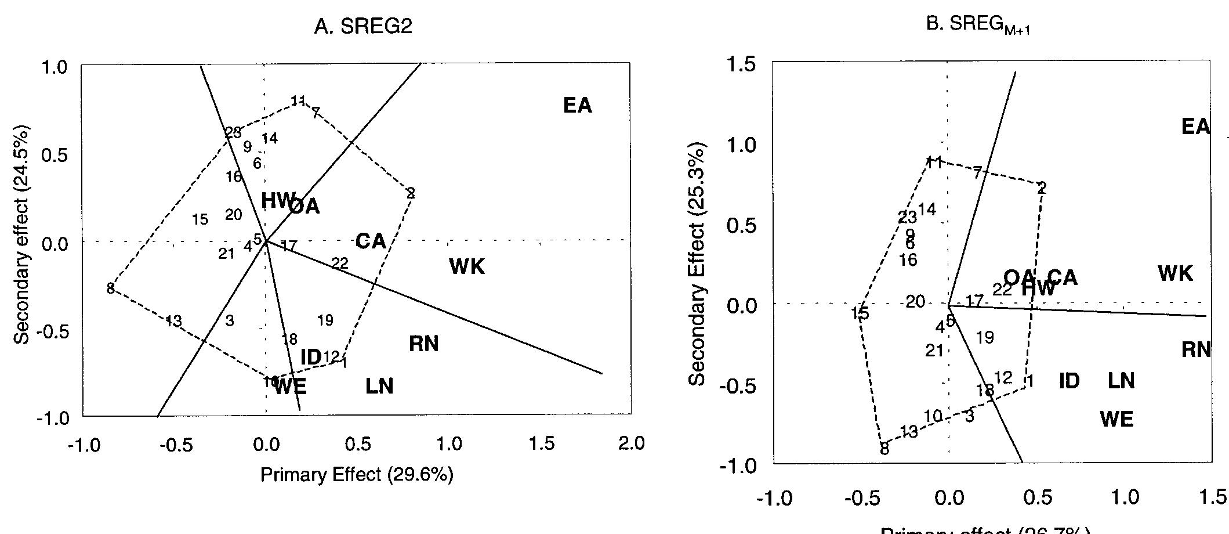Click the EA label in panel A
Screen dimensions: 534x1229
click(578, 106)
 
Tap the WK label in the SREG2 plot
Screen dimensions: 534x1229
click(467, 267)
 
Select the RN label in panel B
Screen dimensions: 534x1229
click(1196, 350)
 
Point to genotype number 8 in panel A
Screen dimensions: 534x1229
click(110, 288)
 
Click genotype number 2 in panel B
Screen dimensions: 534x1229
click(1042, 188)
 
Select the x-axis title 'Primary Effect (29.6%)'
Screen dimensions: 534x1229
click(356, 475)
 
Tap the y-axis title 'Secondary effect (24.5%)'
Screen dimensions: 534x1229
click(23, 242)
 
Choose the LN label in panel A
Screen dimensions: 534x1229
click(379, 386)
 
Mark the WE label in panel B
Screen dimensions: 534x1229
click(1116, 419)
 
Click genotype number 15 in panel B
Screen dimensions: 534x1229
click(860, 314)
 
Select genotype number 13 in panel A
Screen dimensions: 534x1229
click(173, 321)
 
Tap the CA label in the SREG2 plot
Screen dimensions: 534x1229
click(371, 241)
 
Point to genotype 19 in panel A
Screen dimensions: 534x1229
click(325, 320)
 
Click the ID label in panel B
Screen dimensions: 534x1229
click(1070, 381)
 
